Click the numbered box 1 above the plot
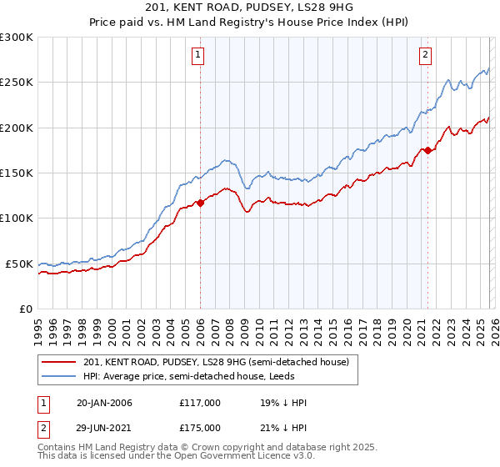pyautogui.click(x=199, y=56)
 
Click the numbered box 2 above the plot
pyautogui.click(x=426, y=56)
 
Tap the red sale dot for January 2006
pyautogui.click(x=200, y=203)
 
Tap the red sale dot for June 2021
pyautogui.click(x=427, y=150)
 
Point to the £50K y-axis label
pyautogui.click(x=19, y=264)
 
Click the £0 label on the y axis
pyautogui.click(x=25, y=309)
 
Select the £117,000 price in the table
pyautogui.click(x=199, y=403)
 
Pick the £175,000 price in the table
pyautogui.click(x=199, y=427)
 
